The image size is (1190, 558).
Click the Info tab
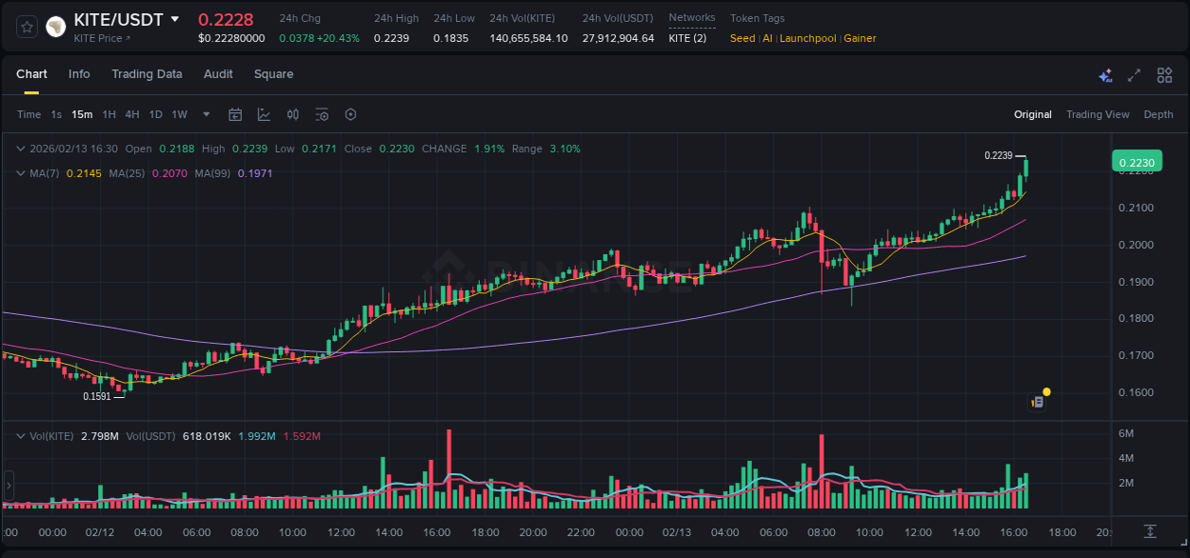[79, 74]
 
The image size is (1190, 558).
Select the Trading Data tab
[147, 74]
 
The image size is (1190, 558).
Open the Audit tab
[218, 74]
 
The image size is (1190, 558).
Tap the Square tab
[273, 74]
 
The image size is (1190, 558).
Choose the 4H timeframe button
[132, 114]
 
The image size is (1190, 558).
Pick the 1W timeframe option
[179, 114]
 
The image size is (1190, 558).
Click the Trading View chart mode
[1098, 114]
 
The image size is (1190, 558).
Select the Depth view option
[1159, 114]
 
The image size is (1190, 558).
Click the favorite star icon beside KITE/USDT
[28, 27]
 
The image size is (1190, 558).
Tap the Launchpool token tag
[807, 38]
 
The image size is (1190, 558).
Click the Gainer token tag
[860, 38]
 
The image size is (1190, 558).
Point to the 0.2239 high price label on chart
[998, 155]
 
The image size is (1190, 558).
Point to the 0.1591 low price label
[97, 396]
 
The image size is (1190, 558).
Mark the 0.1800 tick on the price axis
[1136, 318]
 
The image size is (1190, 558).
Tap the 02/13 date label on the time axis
[676, 532]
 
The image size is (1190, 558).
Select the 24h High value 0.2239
[391, 38]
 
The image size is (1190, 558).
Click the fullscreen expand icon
[1134, 75]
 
